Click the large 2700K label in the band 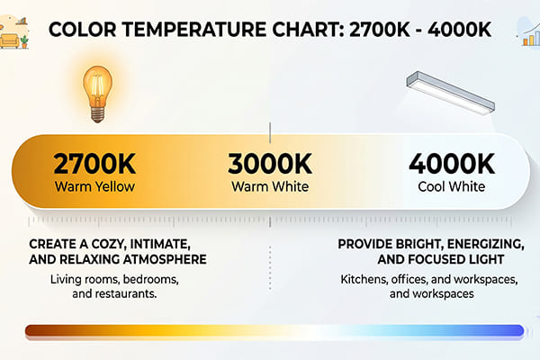(x=94, y=164)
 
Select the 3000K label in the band (x=269, y=164)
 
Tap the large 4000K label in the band (x=452, y=164)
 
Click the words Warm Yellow (x=94, y=187)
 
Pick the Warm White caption (x=270, y=187)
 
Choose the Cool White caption (x=453, y=187)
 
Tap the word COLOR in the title (x=79, y=31)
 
